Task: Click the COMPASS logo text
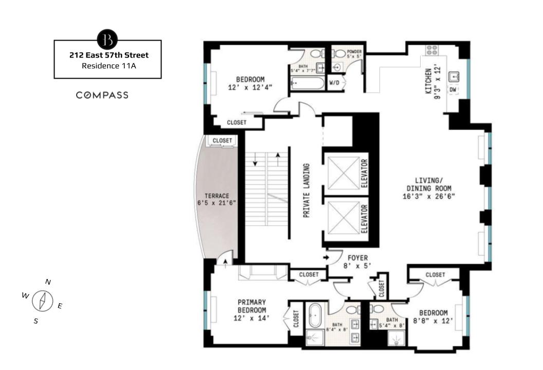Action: (x=102, y=95)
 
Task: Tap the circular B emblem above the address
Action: (x=107, y=39)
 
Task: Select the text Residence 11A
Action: (x=107, y=66)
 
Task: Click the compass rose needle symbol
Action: (x=43, y=301)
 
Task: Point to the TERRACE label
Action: (x=216, y=196)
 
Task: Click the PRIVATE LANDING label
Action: (x=306, y=191)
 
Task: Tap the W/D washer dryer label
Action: (x=334, y=83)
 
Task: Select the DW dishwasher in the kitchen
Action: (x=453, y=90)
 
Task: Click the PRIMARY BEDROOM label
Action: (x=251, y=306)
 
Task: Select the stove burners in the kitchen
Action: (x=431, y=50)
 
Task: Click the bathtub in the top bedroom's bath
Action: (x=306, y=83)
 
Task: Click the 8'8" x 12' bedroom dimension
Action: (x=433, y=321)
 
